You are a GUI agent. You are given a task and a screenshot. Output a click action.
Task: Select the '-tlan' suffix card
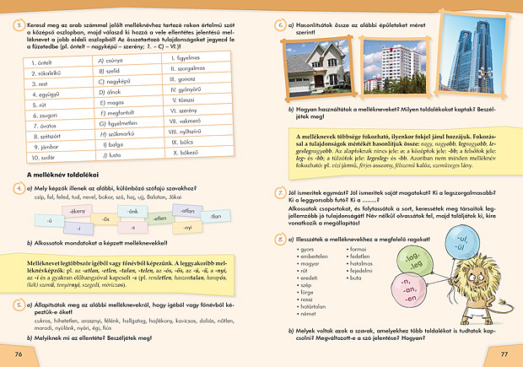point(215,216)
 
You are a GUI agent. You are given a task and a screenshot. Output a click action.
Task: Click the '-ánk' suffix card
point(132,210)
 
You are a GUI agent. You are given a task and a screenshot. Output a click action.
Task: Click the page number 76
point(18,352)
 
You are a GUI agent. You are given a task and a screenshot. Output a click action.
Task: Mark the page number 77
point(504,352)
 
